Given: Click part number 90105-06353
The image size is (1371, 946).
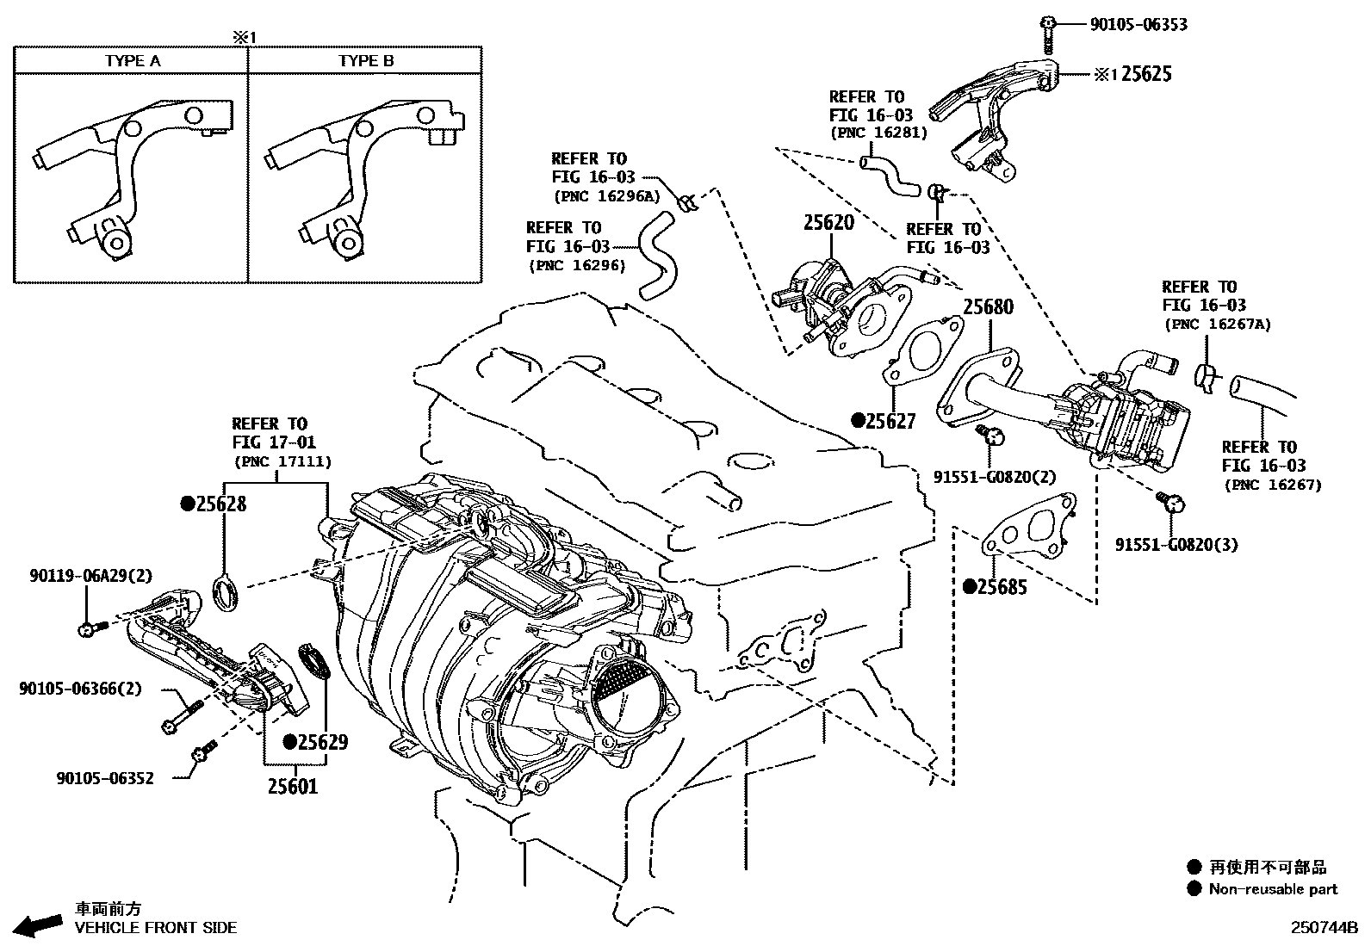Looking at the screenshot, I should coord(1138,24).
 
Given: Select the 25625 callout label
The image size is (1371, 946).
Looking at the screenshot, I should coord(1145,74).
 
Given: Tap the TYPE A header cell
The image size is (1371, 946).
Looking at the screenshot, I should coord(133,60).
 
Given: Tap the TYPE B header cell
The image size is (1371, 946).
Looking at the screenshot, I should coord(365,60).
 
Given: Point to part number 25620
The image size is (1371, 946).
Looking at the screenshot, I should coord(828,222).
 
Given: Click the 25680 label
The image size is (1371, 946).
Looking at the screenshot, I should coord(988,306).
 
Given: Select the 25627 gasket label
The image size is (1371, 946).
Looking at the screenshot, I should coord(890,421).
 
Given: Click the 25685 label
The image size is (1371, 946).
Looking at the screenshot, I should coord(1002,587).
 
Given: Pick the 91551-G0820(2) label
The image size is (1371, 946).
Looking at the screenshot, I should coord(995,476).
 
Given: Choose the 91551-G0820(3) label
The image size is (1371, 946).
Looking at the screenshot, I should coord(1176,544).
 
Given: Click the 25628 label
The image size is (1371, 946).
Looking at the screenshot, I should coord(220,504).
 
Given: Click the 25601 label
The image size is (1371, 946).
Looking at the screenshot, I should coord(292,785).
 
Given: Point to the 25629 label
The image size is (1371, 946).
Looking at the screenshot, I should coord(323,741).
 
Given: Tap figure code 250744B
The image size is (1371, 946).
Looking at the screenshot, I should coord(1323,928).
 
